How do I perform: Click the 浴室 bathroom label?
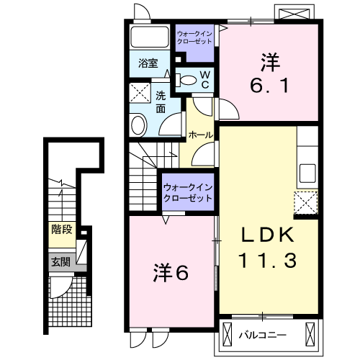148,63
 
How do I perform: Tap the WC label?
205,80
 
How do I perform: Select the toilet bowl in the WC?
186,80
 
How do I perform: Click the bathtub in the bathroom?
150,37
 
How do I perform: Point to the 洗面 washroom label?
161,102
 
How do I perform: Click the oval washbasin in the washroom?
138,125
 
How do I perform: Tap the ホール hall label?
201,135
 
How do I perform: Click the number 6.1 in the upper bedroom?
269,86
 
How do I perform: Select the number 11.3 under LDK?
267,261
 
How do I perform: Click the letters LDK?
268,235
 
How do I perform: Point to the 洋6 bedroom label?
171,273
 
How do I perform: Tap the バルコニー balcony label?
263,335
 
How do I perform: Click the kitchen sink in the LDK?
308,173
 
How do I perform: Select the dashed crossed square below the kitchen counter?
306,203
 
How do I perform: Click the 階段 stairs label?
62,230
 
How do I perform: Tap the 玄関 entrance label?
61,262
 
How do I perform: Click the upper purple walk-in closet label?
194,37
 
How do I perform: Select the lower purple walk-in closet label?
188,193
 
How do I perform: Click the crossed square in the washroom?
140,93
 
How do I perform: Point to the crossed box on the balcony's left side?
228,334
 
